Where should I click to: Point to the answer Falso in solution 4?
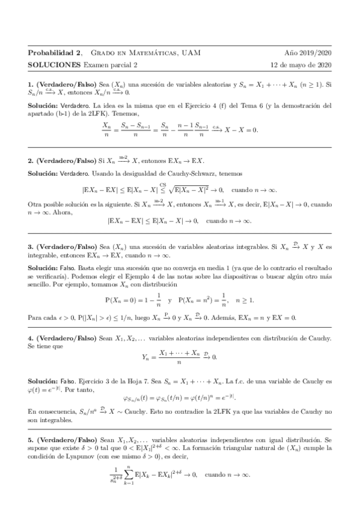[69, 382]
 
